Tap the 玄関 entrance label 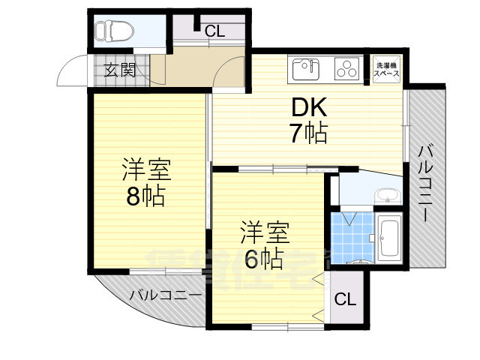point(119,71)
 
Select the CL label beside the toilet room point(214,31)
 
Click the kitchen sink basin point(305,69)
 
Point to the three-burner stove point(346,69)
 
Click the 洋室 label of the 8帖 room point(147,170)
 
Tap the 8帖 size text point(146,196)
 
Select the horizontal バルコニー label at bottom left point(165,295)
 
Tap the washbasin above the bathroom point(387,196)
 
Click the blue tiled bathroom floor point(349,235)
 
